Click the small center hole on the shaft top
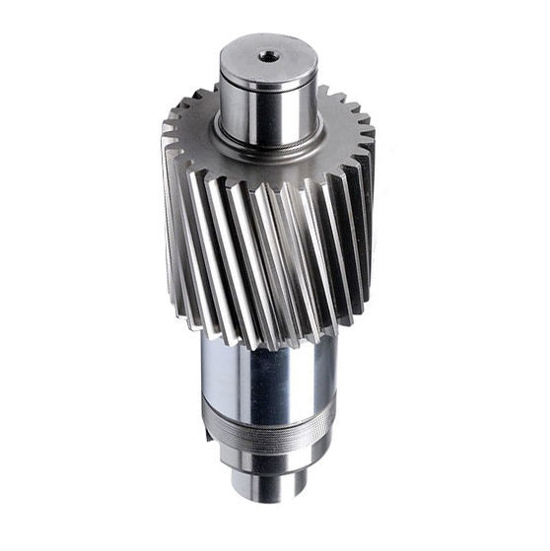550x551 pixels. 265,55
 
